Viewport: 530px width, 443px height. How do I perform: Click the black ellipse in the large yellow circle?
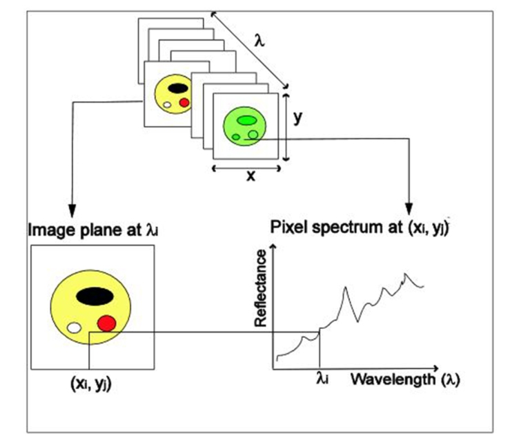(93, 296)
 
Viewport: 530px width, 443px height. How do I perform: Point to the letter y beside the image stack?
(297, 118)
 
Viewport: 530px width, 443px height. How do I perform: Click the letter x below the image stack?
(251, 176)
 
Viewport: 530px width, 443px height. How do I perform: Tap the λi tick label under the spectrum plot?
(322, 379)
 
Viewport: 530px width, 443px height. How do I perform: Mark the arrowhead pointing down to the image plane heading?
(72, 210)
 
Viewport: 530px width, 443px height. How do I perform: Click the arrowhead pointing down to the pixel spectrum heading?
(409, 209)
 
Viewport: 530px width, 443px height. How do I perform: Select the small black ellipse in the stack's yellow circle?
(177, 88)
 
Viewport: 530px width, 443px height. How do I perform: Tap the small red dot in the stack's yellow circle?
(184, 102)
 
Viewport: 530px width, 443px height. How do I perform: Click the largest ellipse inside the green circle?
(246, 120)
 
